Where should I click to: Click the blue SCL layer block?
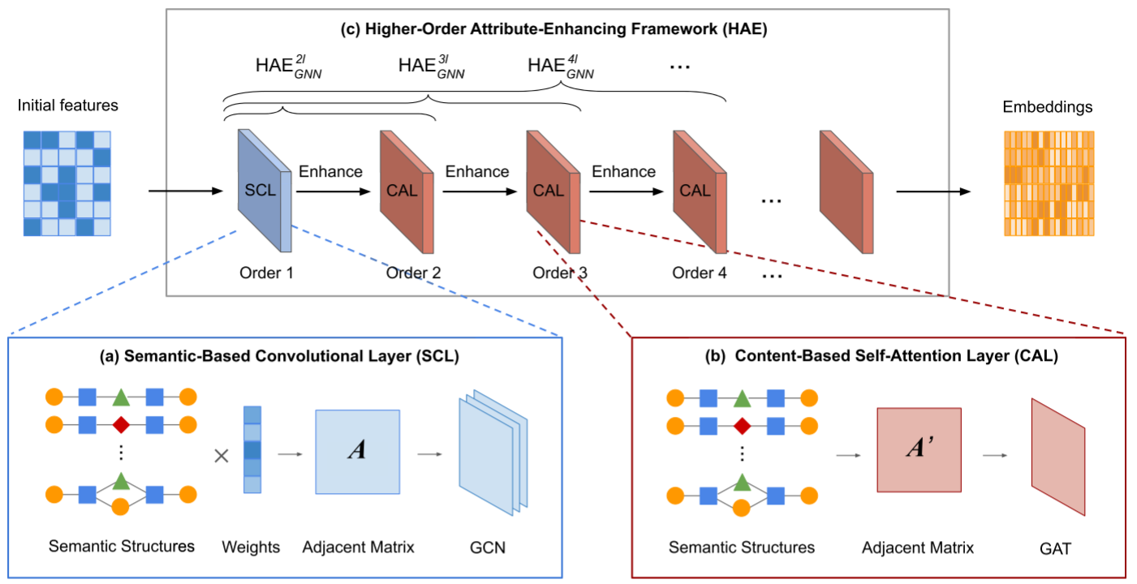click(x=265, y=191)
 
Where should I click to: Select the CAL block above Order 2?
click(x=407, y=191)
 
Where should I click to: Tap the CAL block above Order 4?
click(x=700, y=191)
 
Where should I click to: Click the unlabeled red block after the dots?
click(x=846, y=191)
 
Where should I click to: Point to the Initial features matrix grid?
click(x=67, y=183)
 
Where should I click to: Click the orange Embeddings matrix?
click(x=1049, y=183)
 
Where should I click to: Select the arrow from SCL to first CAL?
click(x=333, y=191)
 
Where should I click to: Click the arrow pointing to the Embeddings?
click(x=933, y=191)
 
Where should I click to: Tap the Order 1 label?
click(x=266, y=273)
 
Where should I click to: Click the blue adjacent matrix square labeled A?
click(x=357, y=452)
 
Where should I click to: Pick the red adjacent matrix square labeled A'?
click(x=920, y=449)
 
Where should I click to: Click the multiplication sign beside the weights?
click(x=222, y=456)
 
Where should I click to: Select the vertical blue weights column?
click(x=252, y=449)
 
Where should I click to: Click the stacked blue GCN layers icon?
click(x=493, y=453)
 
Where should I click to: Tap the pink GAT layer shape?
click(x=1058, y=457)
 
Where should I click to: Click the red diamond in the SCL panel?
click(x=121, y=425)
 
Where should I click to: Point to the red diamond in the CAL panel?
click(x=742, y=426)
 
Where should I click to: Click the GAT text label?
click(x=1055, y=548)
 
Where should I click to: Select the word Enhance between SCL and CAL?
click(x=330, y=171)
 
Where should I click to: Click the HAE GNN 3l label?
click(x=431, y=67)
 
